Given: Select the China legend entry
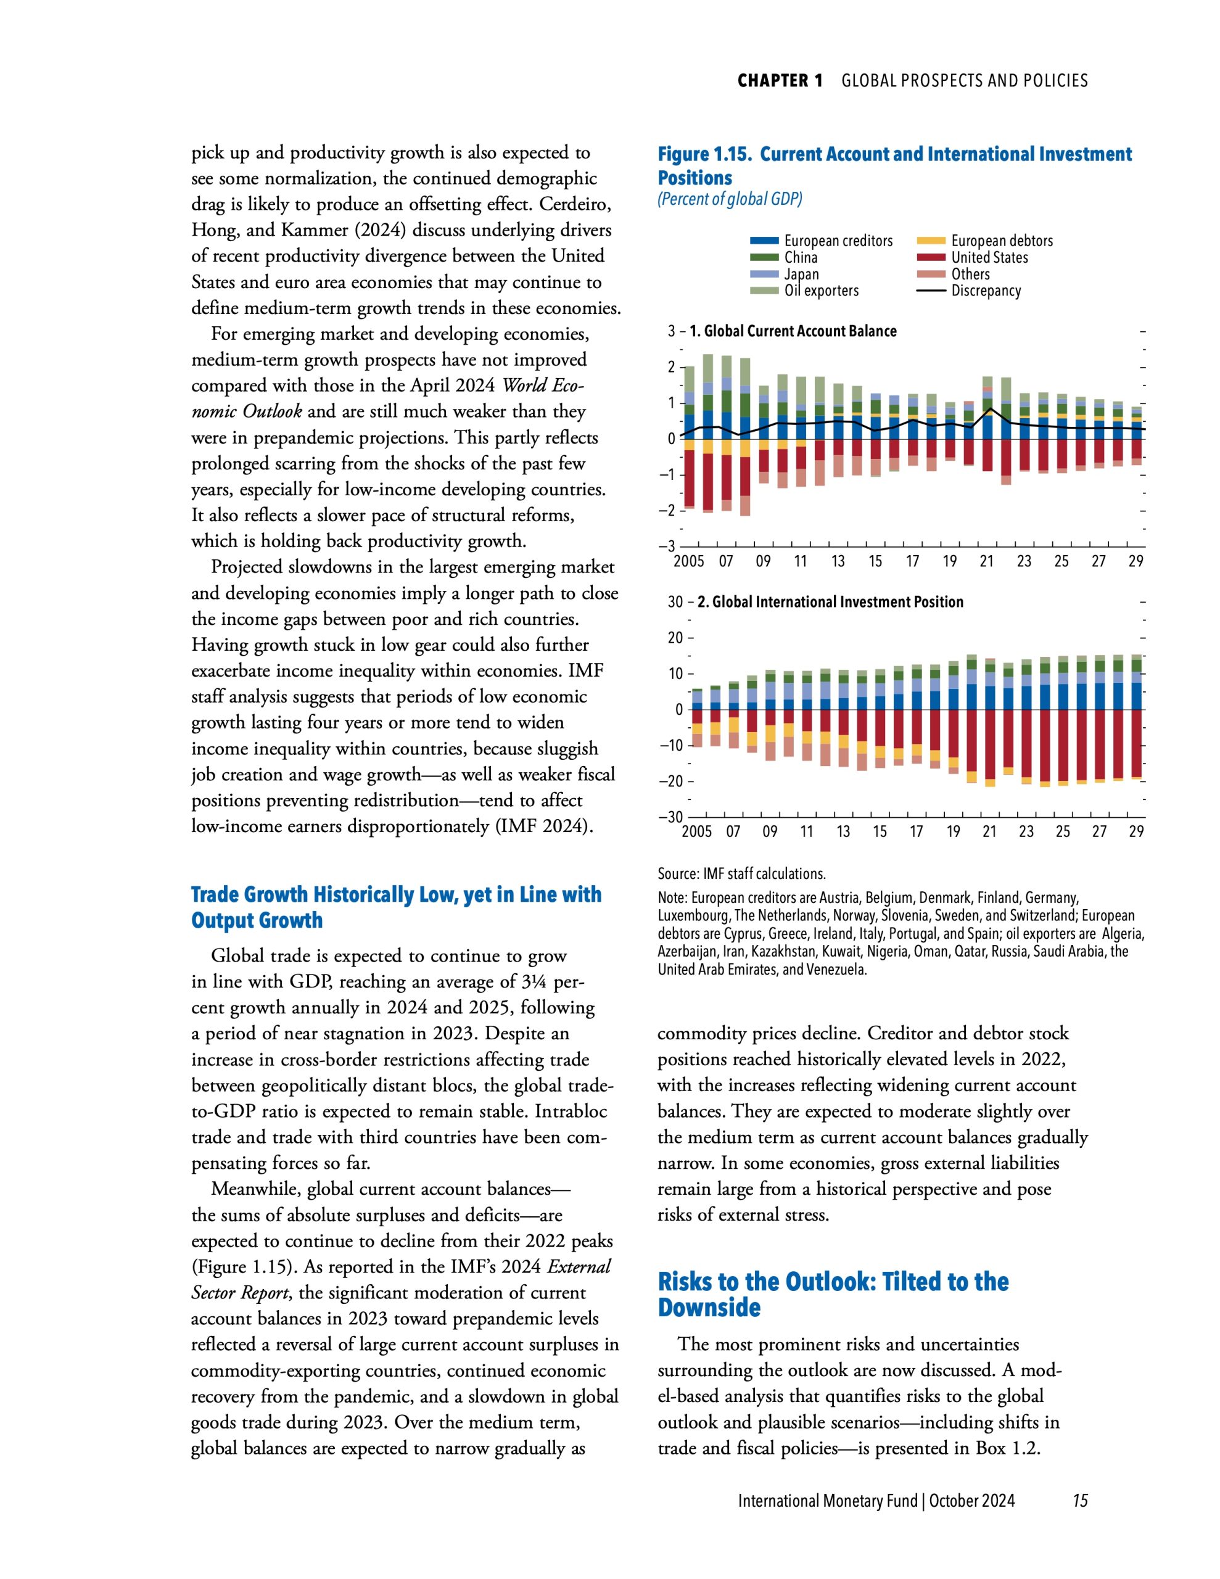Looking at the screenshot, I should coord(801,257).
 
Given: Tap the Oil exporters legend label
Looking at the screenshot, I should coord(821,291).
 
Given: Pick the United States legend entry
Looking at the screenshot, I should coord(989,257).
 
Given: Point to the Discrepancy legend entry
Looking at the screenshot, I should coord(985,291).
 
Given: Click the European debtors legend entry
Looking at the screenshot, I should coord(1001,241).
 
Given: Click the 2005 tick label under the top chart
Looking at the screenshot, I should coord(688,562).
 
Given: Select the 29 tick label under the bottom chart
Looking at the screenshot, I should coord(1136,831).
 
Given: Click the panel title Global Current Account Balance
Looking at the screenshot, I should coord(793,331).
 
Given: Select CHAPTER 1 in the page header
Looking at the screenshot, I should coord(780,81).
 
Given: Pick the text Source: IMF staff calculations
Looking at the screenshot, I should coord(741,873).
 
